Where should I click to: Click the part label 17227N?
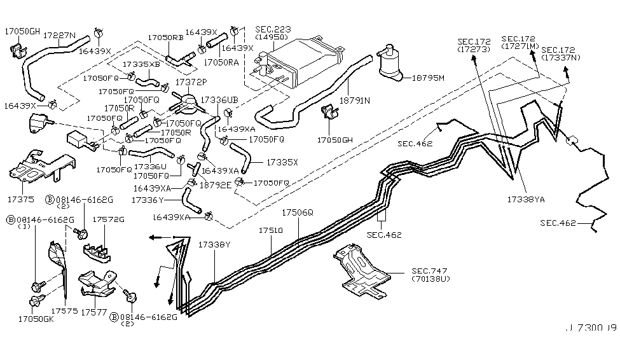(59, 36)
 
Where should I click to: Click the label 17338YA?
(526, 199)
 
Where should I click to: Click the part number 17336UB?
(219, 100)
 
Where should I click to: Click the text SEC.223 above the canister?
(273, 30)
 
